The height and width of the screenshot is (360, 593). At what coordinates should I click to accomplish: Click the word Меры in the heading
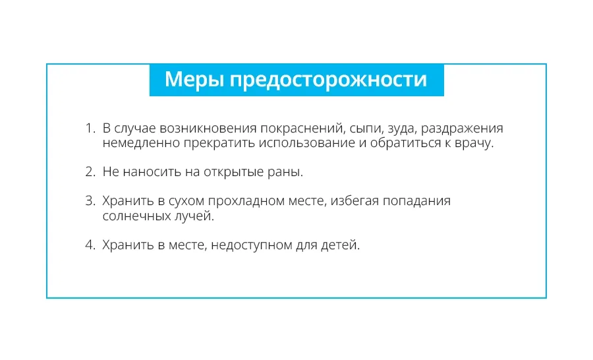[x=194, y=80]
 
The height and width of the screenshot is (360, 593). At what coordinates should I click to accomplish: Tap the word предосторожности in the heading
[x=328, y=80]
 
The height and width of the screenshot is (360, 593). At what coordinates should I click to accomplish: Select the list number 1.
[x=90, y=129]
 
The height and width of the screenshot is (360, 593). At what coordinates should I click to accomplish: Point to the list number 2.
[x=90, y=172]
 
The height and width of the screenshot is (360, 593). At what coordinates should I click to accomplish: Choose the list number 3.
[x=90, y=200]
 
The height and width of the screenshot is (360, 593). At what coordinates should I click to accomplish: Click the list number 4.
[x=90, y=245]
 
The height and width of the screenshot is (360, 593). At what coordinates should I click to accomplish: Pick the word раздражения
[x=462, y=129]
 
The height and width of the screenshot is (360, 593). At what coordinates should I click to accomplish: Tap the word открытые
[x=234, y=173]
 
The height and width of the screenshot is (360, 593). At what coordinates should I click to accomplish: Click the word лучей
[x=192, y=216]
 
